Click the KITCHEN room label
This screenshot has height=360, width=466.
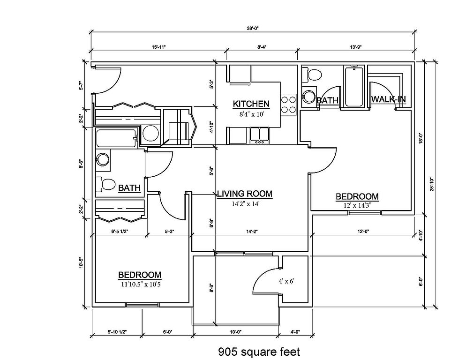click(x=251, y=104)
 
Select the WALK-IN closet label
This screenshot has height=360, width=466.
click(x=388, y=99)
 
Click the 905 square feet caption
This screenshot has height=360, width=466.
click(x=259, y=351)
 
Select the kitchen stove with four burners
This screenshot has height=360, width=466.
click(x=288, y=105)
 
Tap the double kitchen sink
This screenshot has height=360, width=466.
click(x=259, y=135)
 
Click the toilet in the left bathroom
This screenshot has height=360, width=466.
click(x=106, y=184)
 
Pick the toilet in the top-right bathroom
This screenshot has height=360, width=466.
click(x=313, y=74)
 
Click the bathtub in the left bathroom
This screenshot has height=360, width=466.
click(x=116, y=138)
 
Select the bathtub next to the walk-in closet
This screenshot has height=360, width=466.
click(x=354, y=87)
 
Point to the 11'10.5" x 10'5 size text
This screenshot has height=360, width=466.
click(x=139, y=283)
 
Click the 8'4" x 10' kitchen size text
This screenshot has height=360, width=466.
click(x=251, y=112)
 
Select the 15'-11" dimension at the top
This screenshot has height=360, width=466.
click(x=159, y=47)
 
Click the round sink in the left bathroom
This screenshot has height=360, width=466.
click(x=103, y=160)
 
